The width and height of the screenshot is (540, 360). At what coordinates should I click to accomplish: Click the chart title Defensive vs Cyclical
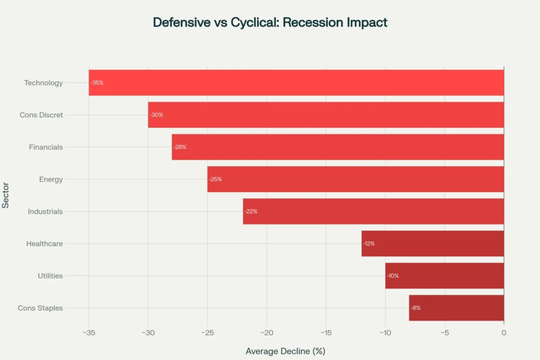(270, 23)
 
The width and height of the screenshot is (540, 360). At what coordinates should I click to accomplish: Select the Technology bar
(296, 83)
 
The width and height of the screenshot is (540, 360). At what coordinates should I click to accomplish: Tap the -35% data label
(97, 83)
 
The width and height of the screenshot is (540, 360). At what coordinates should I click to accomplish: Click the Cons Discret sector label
(41, 115)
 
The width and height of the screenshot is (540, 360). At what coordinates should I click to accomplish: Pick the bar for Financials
(338, 147)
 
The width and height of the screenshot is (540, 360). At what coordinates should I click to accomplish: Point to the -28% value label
(180, 147)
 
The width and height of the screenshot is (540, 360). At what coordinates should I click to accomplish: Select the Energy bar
(355, 179)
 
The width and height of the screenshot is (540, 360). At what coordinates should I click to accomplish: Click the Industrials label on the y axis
(45, 211)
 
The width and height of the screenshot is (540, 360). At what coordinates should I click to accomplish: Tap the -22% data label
(251, 211)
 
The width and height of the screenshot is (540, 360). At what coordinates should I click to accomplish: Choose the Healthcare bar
(433, 243)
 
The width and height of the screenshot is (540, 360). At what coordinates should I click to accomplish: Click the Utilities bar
(445, 275)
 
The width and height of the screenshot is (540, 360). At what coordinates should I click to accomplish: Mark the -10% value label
(393, 275)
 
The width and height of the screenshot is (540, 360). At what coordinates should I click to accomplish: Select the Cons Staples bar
(457, 308)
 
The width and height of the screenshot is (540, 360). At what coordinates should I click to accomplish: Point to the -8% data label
(415, 308)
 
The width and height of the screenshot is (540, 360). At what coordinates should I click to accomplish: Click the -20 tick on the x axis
(266, 333)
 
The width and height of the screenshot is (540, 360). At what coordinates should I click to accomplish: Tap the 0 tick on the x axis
(503, 333)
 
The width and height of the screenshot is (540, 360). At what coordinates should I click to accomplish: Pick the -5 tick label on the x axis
(444, 333)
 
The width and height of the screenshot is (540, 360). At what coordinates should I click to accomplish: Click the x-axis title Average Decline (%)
(285, 351)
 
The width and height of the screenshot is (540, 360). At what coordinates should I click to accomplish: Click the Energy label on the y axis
(51, 179)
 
